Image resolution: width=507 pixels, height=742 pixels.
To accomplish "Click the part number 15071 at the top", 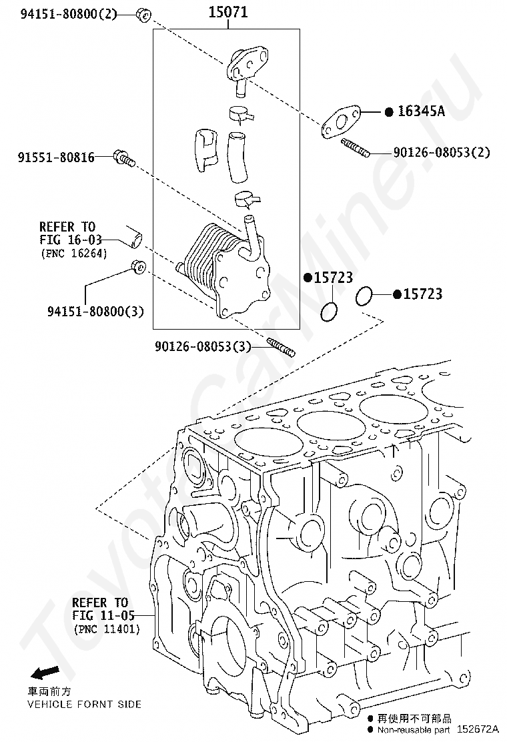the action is pos(228,12).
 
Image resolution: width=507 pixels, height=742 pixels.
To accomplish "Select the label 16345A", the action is pos(421,111).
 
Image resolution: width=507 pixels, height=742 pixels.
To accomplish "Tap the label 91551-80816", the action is pos(55,157).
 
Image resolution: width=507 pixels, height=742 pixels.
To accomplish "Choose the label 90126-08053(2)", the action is pos(441,153).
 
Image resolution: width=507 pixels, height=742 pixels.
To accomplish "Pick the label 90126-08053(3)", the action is pos(203,346).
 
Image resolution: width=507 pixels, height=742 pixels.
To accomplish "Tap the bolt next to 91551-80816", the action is pos(125,157).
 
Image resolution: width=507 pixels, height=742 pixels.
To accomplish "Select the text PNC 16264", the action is pos(73,254).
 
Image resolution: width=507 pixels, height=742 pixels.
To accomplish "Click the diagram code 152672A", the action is pos(478,731).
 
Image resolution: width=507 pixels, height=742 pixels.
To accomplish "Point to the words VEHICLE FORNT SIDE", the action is pos(83,705).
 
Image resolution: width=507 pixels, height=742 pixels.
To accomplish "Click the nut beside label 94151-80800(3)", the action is pos(138,266).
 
